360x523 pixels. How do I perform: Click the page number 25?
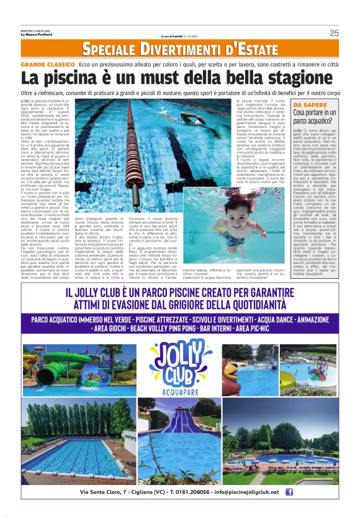click(334, 33)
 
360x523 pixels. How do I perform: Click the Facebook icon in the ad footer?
click(289, 491)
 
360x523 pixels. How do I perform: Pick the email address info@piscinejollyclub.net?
click(243, 492)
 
